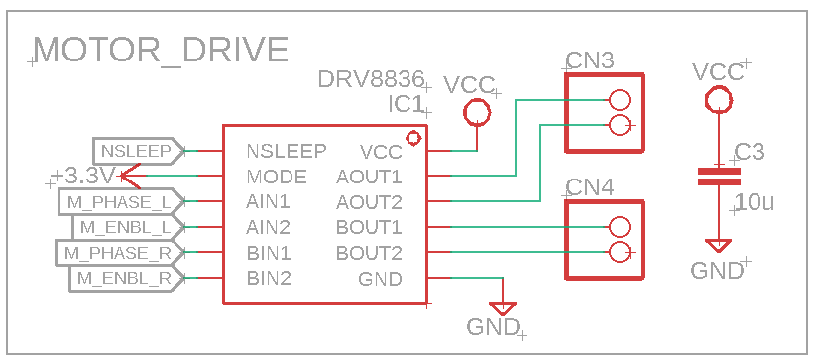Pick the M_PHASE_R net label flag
[119, 253]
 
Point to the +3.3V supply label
[85, 177]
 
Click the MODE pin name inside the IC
[277, 178]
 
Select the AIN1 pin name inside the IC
[269, 202]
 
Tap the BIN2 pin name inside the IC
[269, 278]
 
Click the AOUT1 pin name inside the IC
[369, 178]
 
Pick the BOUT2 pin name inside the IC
[369, 253]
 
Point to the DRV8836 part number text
[371, 79]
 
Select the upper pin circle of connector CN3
[620, 100]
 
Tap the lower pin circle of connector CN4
[620, 252]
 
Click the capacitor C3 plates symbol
[719, 177]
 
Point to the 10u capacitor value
[755, 202]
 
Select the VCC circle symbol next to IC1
[477, 113]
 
